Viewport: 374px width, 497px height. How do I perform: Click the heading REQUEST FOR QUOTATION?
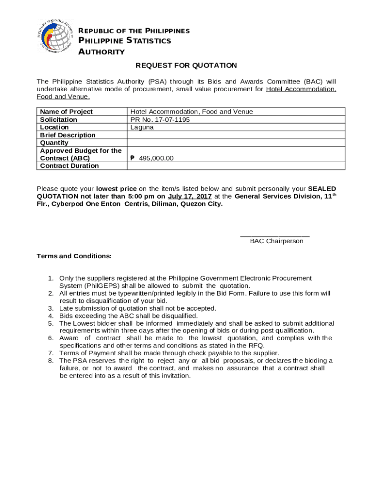186,66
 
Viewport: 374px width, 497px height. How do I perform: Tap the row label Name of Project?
66,112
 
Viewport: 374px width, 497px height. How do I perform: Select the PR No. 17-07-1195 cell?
160,119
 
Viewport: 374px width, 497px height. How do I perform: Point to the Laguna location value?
142,127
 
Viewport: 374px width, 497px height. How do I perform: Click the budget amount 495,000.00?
155,158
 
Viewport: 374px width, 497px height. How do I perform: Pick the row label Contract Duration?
69,166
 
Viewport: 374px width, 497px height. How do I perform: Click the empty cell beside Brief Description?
236,135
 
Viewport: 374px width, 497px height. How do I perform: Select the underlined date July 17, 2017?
189,197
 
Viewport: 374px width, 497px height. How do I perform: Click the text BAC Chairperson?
276,241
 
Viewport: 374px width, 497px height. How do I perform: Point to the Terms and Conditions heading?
74,256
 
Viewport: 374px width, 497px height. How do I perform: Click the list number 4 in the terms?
51,316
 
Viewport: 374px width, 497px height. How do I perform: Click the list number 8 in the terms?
51,361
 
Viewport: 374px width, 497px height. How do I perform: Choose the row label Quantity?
54,143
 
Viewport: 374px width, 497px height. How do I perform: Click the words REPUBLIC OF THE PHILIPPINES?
134,31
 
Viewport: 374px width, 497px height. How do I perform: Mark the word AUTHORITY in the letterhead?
102,52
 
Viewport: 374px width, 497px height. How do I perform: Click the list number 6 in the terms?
51,338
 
